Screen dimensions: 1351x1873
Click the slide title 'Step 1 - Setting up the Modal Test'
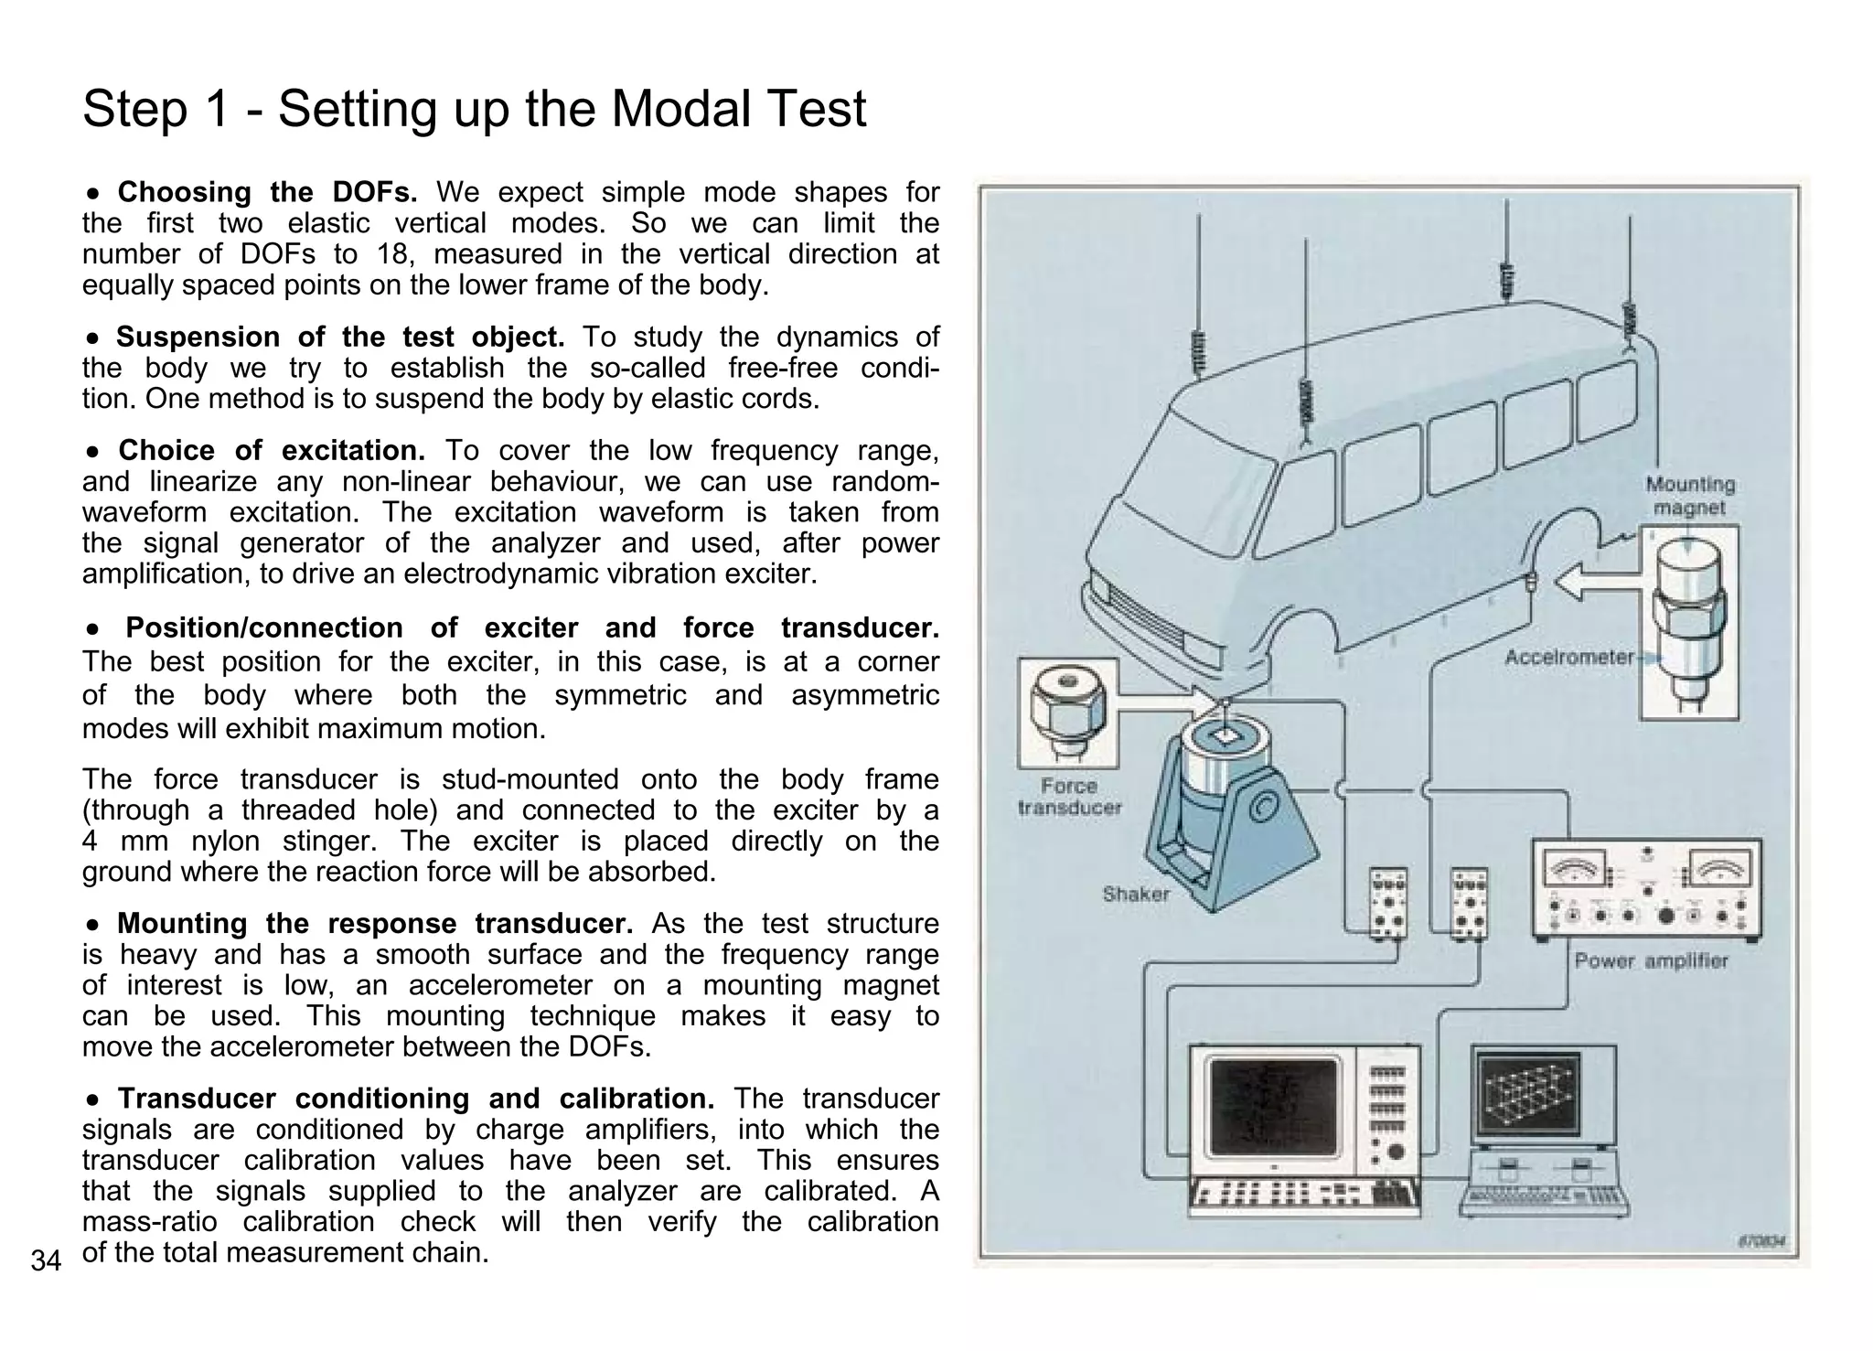(474, 109)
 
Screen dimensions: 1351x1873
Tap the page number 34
(46, 1261)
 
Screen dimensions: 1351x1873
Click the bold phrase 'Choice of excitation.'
(272, 451)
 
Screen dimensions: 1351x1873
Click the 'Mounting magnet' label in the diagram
(1690, 496)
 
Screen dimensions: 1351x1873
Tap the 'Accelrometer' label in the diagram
(1568, 657)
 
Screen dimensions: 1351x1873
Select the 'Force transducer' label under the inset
(1068, 797)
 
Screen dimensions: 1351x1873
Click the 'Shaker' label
(1135, 894)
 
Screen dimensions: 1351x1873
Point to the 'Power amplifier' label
(1651, 960)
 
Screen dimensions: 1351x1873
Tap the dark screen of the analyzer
(1273, 1108)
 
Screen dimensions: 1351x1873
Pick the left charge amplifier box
(1387, 904)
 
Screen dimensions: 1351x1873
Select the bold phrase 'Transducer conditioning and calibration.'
(415, 1099)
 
